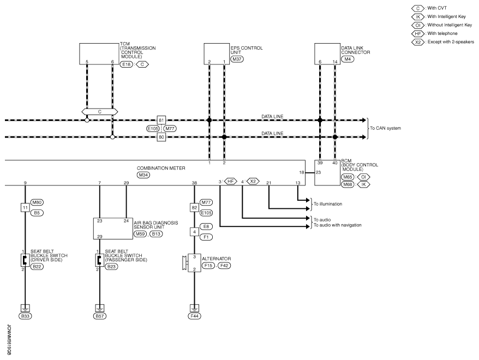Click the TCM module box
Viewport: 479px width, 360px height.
99,54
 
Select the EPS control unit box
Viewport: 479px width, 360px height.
217,54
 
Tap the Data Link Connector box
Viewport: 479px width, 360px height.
327,54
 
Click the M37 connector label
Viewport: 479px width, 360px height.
237,59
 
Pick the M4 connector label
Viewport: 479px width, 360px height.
348,59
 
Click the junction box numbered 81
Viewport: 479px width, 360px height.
161,120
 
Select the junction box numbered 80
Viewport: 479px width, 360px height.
161,137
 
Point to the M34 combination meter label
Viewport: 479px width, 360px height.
143,175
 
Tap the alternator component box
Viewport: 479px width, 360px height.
194,262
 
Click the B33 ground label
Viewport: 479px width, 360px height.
25,316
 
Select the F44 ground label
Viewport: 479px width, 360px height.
194,316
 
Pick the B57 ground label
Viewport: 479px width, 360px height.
100,316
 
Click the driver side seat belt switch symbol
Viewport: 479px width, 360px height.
25,260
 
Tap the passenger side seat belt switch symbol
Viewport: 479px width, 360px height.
99,260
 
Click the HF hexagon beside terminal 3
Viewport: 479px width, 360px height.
231,182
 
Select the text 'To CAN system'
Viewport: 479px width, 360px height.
385,128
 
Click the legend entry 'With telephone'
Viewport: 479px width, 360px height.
442,33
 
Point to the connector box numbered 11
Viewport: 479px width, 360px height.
25,208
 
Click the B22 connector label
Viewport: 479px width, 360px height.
37,267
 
